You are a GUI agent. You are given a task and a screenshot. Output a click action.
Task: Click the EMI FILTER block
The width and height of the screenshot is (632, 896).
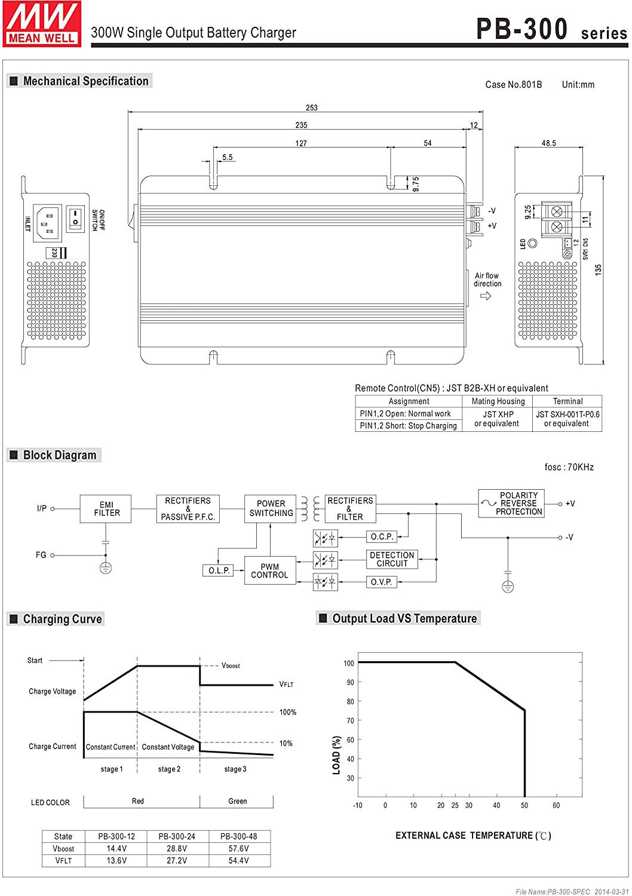(x=106, y=509)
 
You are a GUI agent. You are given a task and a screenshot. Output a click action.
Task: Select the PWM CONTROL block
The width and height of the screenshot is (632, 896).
(x=269, y=571)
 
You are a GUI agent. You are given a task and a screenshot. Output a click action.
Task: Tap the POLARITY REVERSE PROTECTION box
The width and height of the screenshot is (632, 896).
(x=511, y=504)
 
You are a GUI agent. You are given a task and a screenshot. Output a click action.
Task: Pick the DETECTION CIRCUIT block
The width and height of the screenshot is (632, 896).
(x=392, y=559)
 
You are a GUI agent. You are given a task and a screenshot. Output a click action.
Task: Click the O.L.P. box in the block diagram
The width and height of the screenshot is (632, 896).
(x=219, y=571)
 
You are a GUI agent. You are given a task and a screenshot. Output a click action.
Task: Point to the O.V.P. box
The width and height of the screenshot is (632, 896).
(x=381, y=582)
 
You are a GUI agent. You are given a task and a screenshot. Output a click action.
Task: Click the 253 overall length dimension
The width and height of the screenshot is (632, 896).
(x=311, y=108)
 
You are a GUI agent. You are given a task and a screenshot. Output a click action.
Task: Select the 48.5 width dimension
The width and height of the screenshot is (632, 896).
(x=548, y=143)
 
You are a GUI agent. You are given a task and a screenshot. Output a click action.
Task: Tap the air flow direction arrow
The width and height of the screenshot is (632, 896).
(x=485, y=296)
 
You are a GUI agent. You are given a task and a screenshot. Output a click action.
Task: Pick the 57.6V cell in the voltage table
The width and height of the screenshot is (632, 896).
(x=238, y=848)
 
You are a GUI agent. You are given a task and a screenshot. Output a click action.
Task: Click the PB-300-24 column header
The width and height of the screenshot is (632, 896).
(x=177, y=836)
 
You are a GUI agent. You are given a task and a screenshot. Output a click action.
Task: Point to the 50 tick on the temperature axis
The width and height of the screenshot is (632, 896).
(x=524, y=805)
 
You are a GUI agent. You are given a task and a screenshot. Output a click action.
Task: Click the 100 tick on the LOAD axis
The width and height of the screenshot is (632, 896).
(x=349, y=663)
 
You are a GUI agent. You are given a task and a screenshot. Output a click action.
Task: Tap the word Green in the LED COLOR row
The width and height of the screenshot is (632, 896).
(x=237, y=801)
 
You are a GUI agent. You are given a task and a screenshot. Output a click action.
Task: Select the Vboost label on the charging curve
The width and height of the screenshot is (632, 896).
(x=230, y=665)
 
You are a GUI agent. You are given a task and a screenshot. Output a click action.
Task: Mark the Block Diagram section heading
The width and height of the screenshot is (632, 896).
(x=59, y=455)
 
